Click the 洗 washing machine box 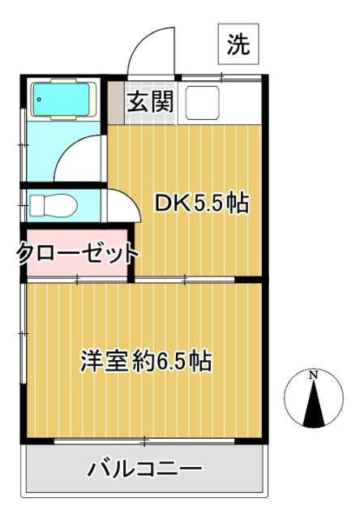coord(237,45)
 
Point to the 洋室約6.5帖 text coord(146,362)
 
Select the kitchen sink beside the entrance coord(202,102)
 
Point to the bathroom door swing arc coord(81,154)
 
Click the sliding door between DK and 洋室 coord(185,280)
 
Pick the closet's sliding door coord(78,280)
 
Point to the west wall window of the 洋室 coord(24,332)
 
